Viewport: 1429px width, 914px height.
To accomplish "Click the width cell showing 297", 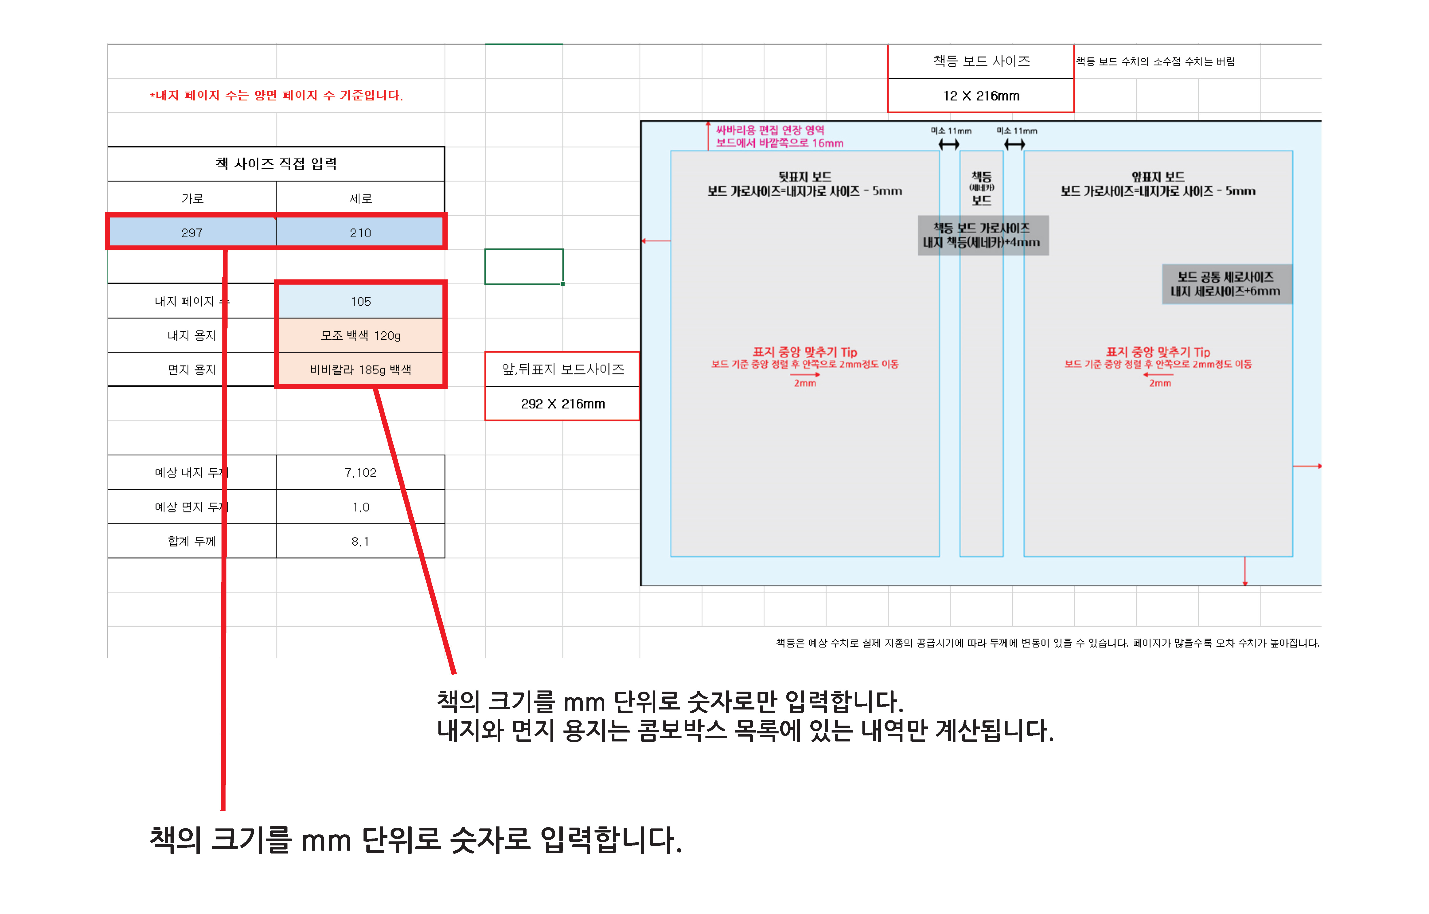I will (x=192, y=233).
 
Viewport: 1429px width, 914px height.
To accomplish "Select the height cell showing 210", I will (x=360, y=233).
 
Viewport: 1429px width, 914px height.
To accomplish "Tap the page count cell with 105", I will (x=360, y=302).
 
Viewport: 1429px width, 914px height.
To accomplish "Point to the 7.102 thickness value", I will (x=360, y=472).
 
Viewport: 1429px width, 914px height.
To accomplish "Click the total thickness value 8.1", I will (x=360, y=541).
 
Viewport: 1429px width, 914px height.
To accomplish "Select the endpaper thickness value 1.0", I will (x=360, y=507).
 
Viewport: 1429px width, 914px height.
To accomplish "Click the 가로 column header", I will (x=192, y=198).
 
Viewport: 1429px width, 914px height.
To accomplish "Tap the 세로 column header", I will (x=360, y=198).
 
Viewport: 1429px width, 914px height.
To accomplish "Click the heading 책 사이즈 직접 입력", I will (x=276, y=164).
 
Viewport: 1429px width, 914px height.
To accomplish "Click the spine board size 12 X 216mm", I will (x=981, y=96).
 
